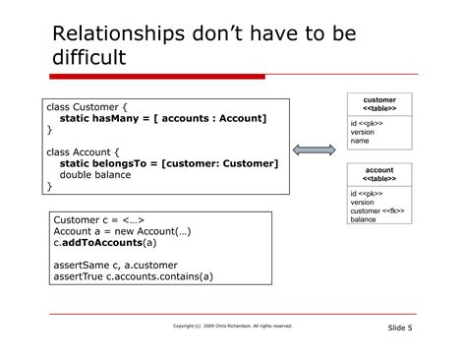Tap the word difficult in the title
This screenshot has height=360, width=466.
coord(89,58)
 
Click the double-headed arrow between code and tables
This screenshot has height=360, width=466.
coord(316,150)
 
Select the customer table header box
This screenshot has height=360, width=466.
coord(379,104)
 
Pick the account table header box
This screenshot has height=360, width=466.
coord(379,174)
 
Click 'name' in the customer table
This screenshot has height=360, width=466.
coord(360,141)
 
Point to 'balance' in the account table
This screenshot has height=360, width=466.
coord(364,219)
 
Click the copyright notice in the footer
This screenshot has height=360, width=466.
coord(232,326)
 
